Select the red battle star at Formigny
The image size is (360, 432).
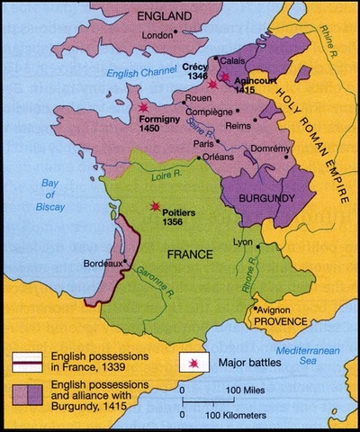point(142,107)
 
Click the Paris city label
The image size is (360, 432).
point(202,143)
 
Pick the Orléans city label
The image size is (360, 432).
point(210,157)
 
